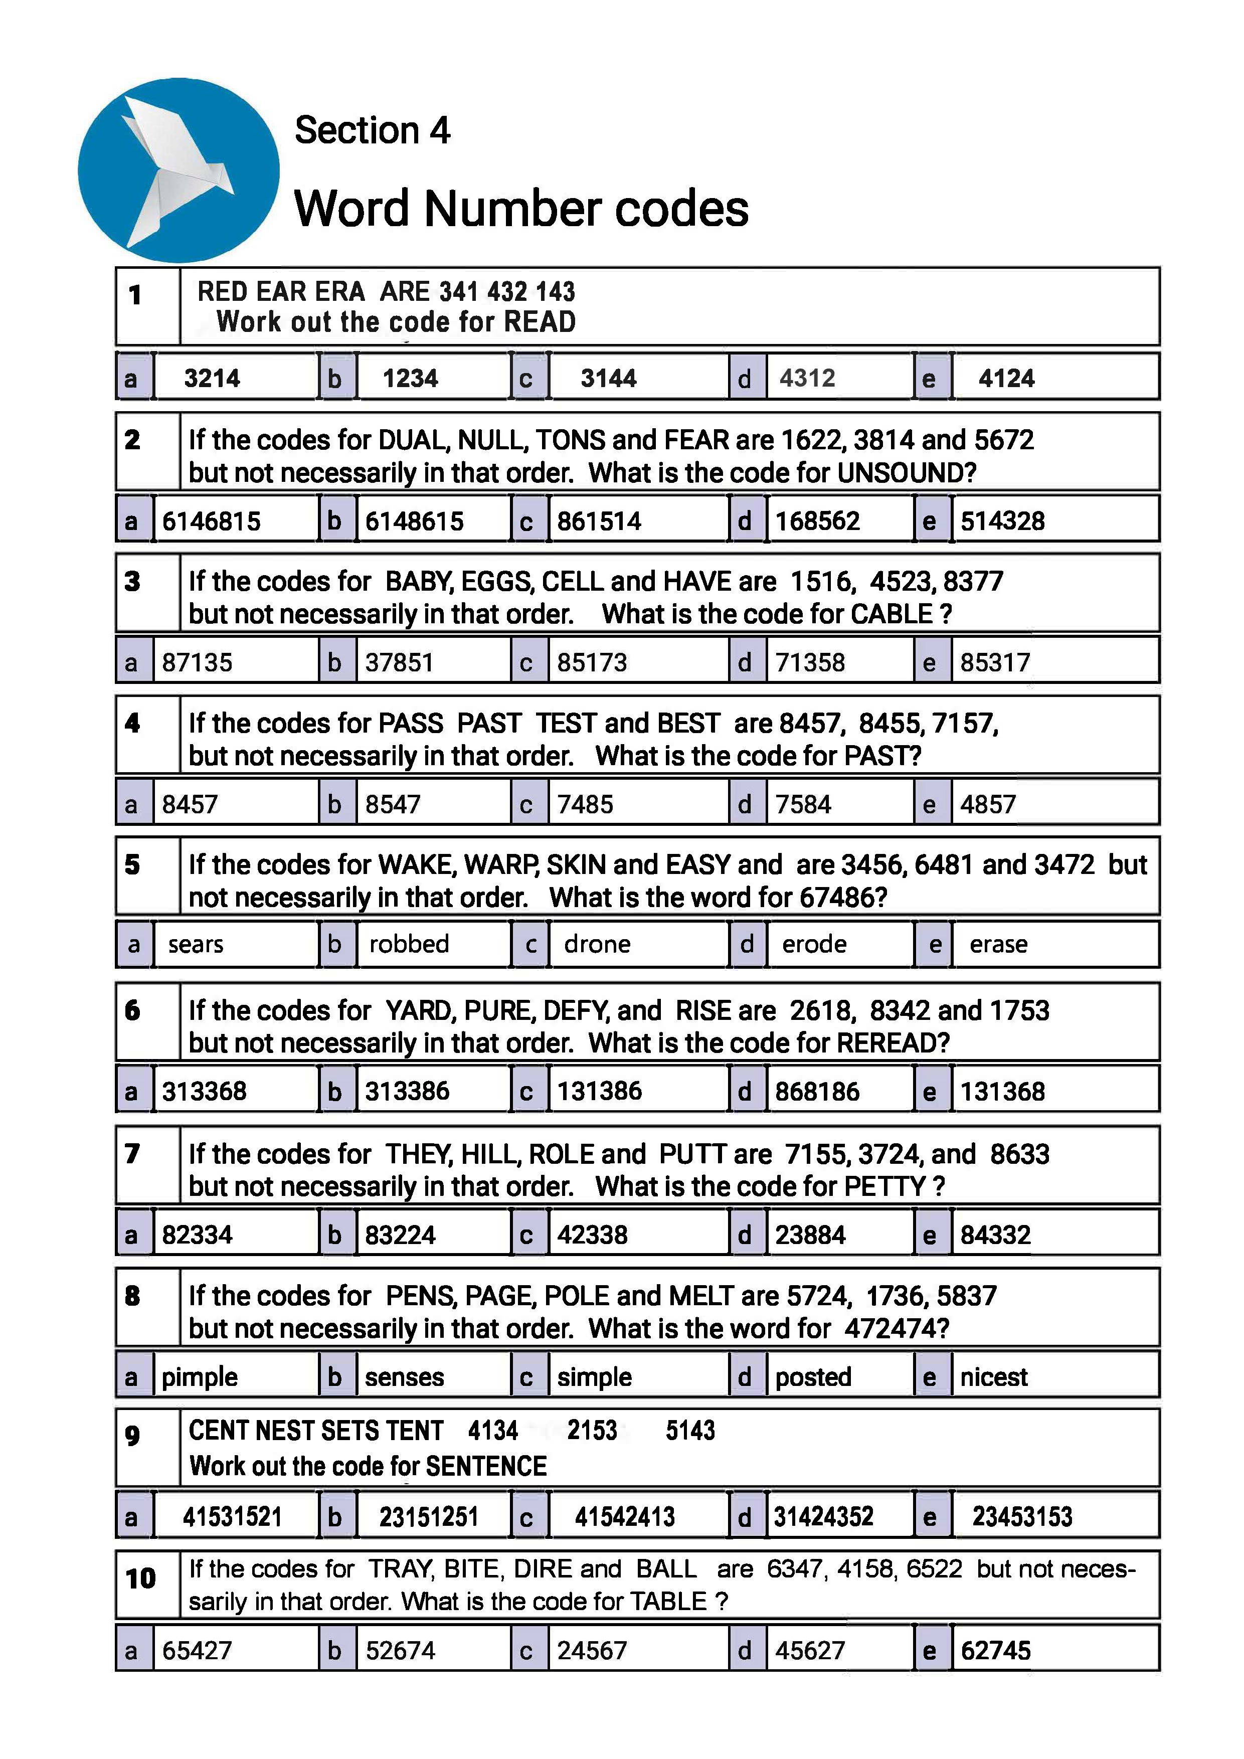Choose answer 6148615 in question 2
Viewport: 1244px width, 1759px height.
click(414, 521)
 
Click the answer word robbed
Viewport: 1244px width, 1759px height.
click(409, 944)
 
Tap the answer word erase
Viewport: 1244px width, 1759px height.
click(998, 944)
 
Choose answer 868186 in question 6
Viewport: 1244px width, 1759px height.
click(817, 1091)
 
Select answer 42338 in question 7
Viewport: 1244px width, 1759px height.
click(592, 1235)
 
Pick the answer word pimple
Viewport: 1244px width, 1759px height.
click(200, 1377)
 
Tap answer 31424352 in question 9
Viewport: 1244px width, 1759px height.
click(823, 1516)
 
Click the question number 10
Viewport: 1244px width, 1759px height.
click(141, 1579)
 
